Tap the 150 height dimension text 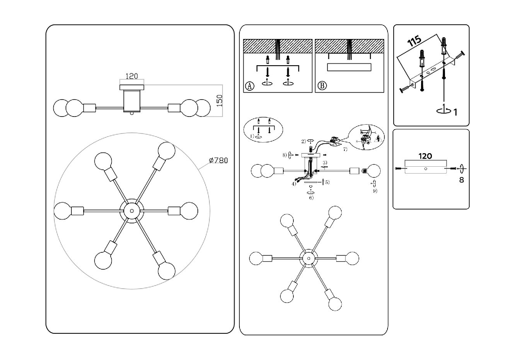pos(219,100)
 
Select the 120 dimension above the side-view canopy pos(132,77)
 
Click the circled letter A pos(250,86)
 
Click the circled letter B pos(321,86)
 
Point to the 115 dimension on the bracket pos(415,42)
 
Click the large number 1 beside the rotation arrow pos(455,112)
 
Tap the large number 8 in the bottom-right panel pos(462,180)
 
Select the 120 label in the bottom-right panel pos(425,156)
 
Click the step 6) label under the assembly pos(311,198)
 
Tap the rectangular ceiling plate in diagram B pos(349,68)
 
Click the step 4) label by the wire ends pos(294,184)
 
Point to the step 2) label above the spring pos(303,141)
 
